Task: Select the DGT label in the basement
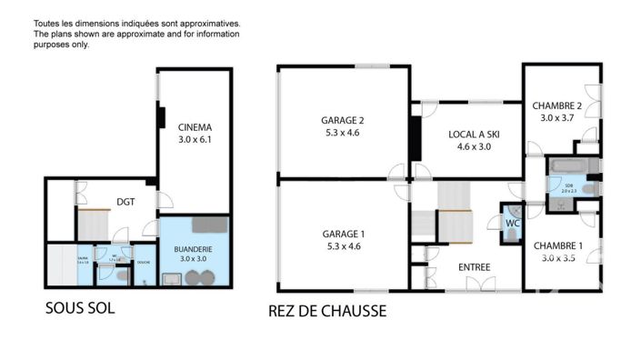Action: [126, 202]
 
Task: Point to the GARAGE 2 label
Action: [342, 120]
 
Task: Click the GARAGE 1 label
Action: [342, 233]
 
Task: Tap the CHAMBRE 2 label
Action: [557, 105]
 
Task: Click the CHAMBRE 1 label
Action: [557, 245]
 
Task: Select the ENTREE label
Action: [475, 267]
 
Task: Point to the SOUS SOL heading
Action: [80, 308]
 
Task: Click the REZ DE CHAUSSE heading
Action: [327, 311]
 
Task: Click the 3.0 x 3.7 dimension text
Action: [557, 117]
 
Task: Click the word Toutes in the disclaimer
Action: [50, 23]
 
